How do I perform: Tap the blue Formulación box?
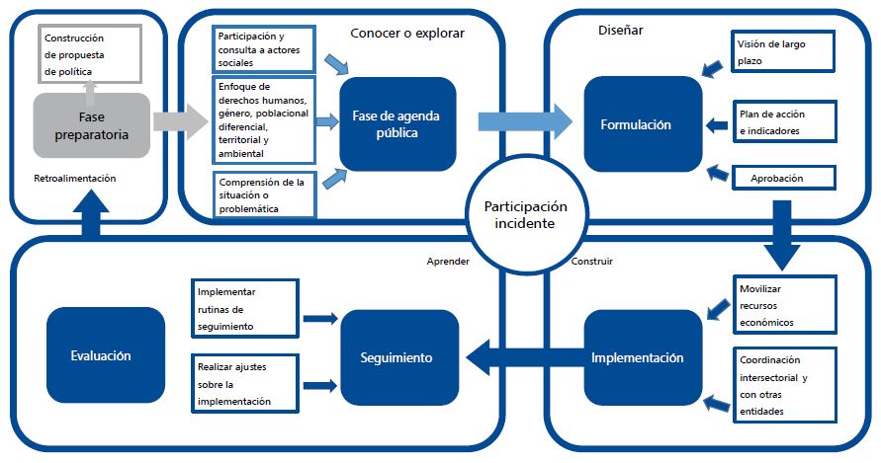click(636, 124)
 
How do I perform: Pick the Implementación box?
click(638, 357)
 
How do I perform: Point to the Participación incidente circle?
click(525, 215)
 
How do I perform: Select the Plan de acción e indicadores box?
click(782, 122)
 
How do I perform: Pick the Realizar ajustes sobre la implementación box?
click(245, 384)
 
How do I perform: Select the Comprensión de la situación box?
click(264, 194)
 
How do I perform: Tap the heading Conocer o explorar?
click(407, 32)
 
